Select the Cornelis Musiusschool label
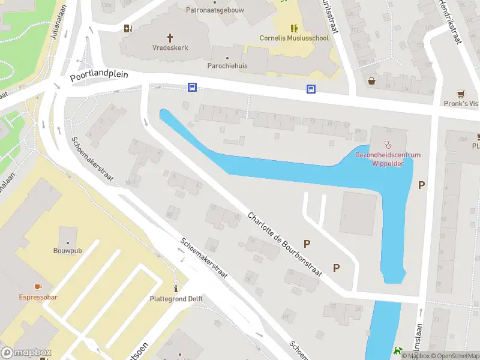point(294,38)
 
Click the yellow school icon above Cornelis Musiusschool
point(294,28)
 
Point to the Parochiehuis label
point(227,65)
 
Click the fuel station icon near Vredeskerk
point(128,28)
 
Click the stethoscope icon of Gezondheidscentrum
point(388,144)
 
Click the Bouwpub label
point(67,250)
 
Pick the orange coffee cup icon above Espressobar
point(37,287)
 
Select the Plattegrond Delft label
point(176,299)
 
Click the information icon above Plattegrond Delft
point(176,288)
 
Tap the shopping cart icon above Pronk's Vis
point(460,94)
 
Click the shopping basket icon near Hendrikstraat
point(372,80)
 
